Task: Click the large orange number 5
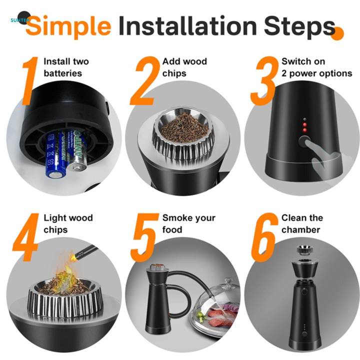point(145,237)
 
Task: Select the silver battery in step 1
point(76,150)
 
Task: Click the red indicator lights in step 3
point(305,125)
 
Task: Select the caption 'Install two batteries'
point(66,67)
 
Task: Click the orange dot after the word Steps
point(339,33)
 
